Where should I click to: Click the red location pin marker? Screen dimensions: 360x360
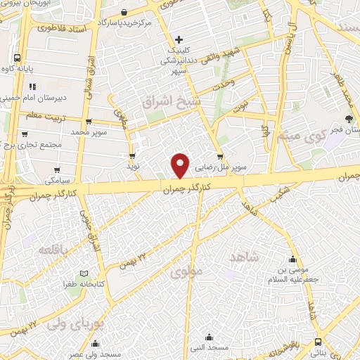[x=181, y=165]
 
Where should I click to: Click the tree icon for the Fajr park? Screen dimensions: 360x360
[x=349, y=120]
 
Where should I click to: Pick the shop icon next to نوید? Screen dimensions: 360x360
[x=131, y=157]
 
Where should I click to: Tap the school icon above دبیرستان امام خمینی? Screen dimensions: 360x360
[x=32, y=87]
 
